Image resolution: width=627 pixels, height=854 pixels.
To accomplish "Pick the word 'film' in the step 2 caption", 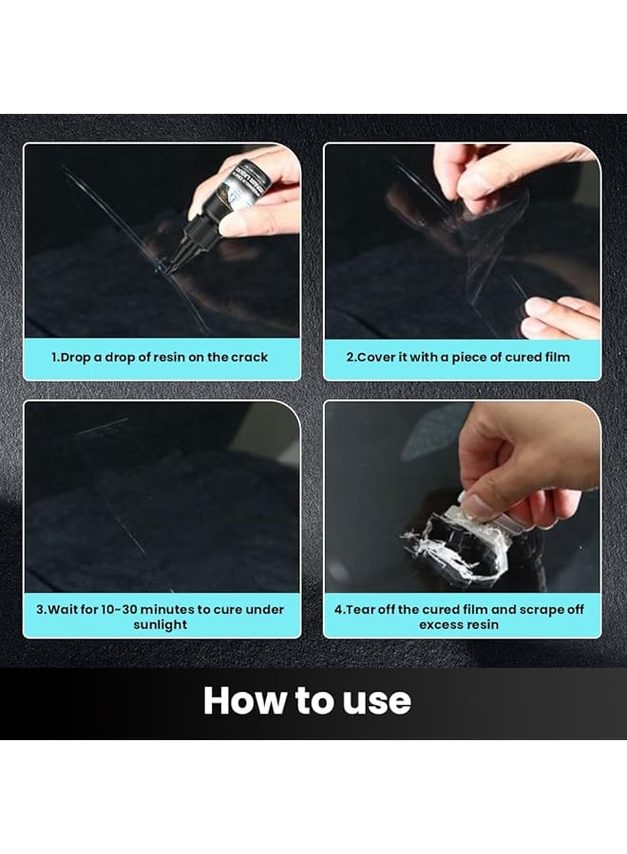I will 554,358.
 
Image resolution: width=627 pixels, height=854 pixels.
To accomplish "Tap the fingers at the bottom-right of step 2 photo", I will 560,315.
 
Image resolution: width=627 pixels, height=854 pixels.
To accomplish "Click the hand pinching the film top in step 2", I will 494,171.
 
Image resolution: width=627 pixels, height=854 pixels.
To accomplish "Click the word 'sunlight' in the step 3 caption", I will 161,624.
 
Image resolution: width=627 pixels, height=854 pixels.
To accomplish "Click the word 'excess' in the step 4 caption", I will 434,624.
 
